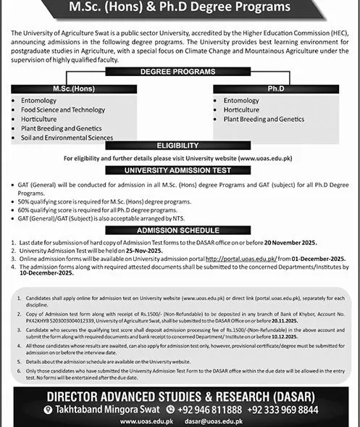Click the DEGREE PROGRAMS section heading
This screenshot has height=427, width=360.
tap(180, 72)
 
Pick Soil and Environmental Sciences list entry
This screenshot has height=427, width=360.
tap(67, 137)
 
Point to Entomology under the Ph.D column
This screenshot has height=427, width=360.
tap(241, 100)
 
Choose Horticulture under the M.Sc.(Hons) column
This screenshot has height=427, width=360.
tap(39, 118)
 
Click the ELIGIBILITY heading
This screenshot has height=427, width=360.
tap(179, 146)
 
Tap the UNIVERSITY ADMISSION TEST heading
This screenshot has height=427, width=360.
tap(179, 170)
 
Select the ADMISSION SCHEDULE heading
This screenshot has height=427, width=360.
tap(179, 229)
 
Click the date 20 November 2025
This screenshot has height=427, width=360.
tap(290, 241)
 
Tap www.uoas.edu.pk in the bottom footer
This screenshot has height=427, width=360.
tap(147, 420)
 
